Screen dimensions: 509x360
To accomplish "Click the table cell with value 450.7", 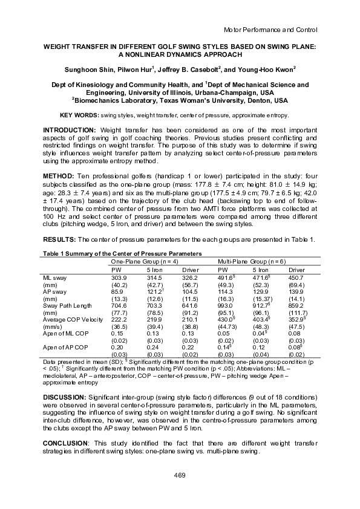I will pyautogui.click(x=296, y=276).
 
